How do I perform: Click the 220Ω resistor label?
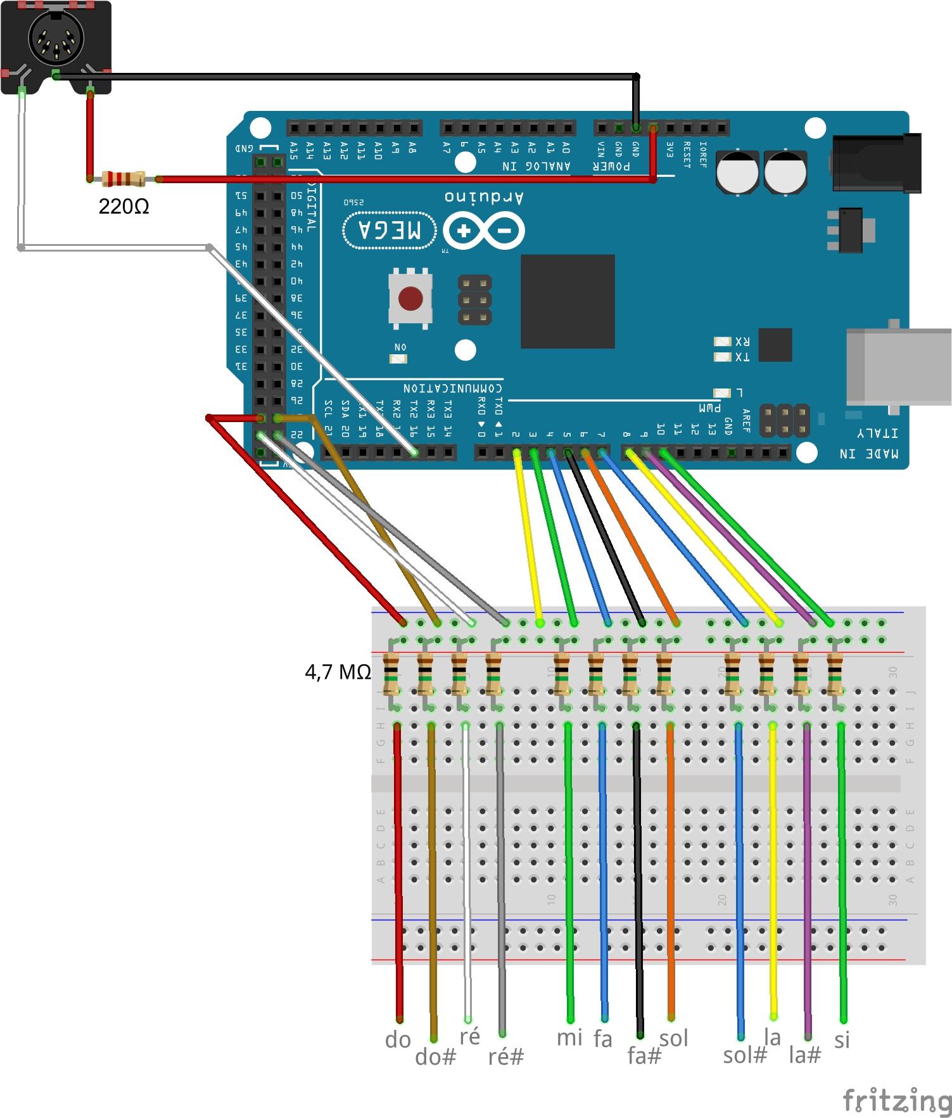pyautogui.click(x=124, y=207)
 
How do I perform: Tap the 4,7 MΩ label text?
pyautogui.click(x=338, y=672)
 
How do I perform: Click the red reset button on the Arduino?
pyautogui.click(x=410, y=298)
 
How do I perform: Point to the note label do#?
pyautogui.click(x=435, y=1057)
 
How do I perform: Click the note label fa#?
pyautogui.click(x=644, y=1056)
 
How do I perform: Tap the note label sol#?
pyautogui.click(x=745, y=1055)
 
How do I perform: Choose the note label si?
pyautogui.click(x=842, y=1040)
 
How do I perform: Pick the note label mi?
pyautogui.click(x=569, y=1038)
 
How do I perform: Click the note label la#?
pyautogui.click(x=805, y=1055)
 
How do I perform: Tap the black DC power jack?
pyautogui.click(x=877, y=163)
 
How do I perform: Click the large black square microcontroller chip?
pyautogui.click(x=568, y=301)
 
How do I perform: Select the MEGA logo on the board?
pyautogui.click(x=390, y=229)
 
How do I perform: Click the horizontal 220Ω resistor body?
pyautogui.click(x=124, y=179)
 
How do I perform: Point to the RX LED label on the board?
pyautogui.click(x=742, y=342)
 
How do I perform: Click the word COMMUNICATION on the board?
pyautogui.click(x=452, y=388)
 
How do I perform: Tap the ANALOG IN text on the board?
pyautogui.click(x=536, y=167)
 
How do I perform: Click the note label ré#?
pyautogui.click(x=506, y=1057)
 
